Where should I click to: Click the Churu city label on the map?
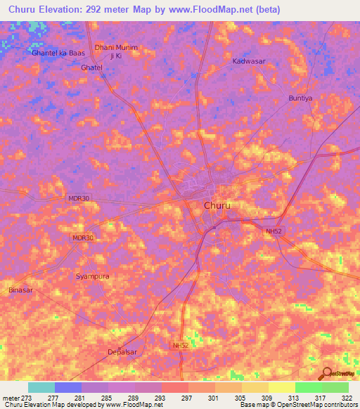pos(217,206)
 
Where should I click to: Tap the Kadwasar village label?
pos(249,61)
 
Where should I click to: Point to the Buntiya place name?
pos(300,98)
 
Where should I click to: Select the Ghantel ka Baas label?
pos(58,53)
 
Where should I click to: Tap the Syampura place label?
pos(92,276)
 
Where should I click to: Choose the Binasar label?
pos(20,290)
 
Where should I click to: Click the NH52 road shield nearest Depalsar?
pos(181,346)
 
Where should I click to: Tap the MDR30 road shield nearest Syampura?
pos(82,238)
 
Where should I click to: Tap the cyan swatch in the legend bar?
pos(41,387)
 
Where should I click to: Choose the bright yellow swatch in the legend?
pos(282,387)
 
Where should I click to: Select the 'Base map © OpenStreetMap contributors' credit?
pos(298,405)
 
